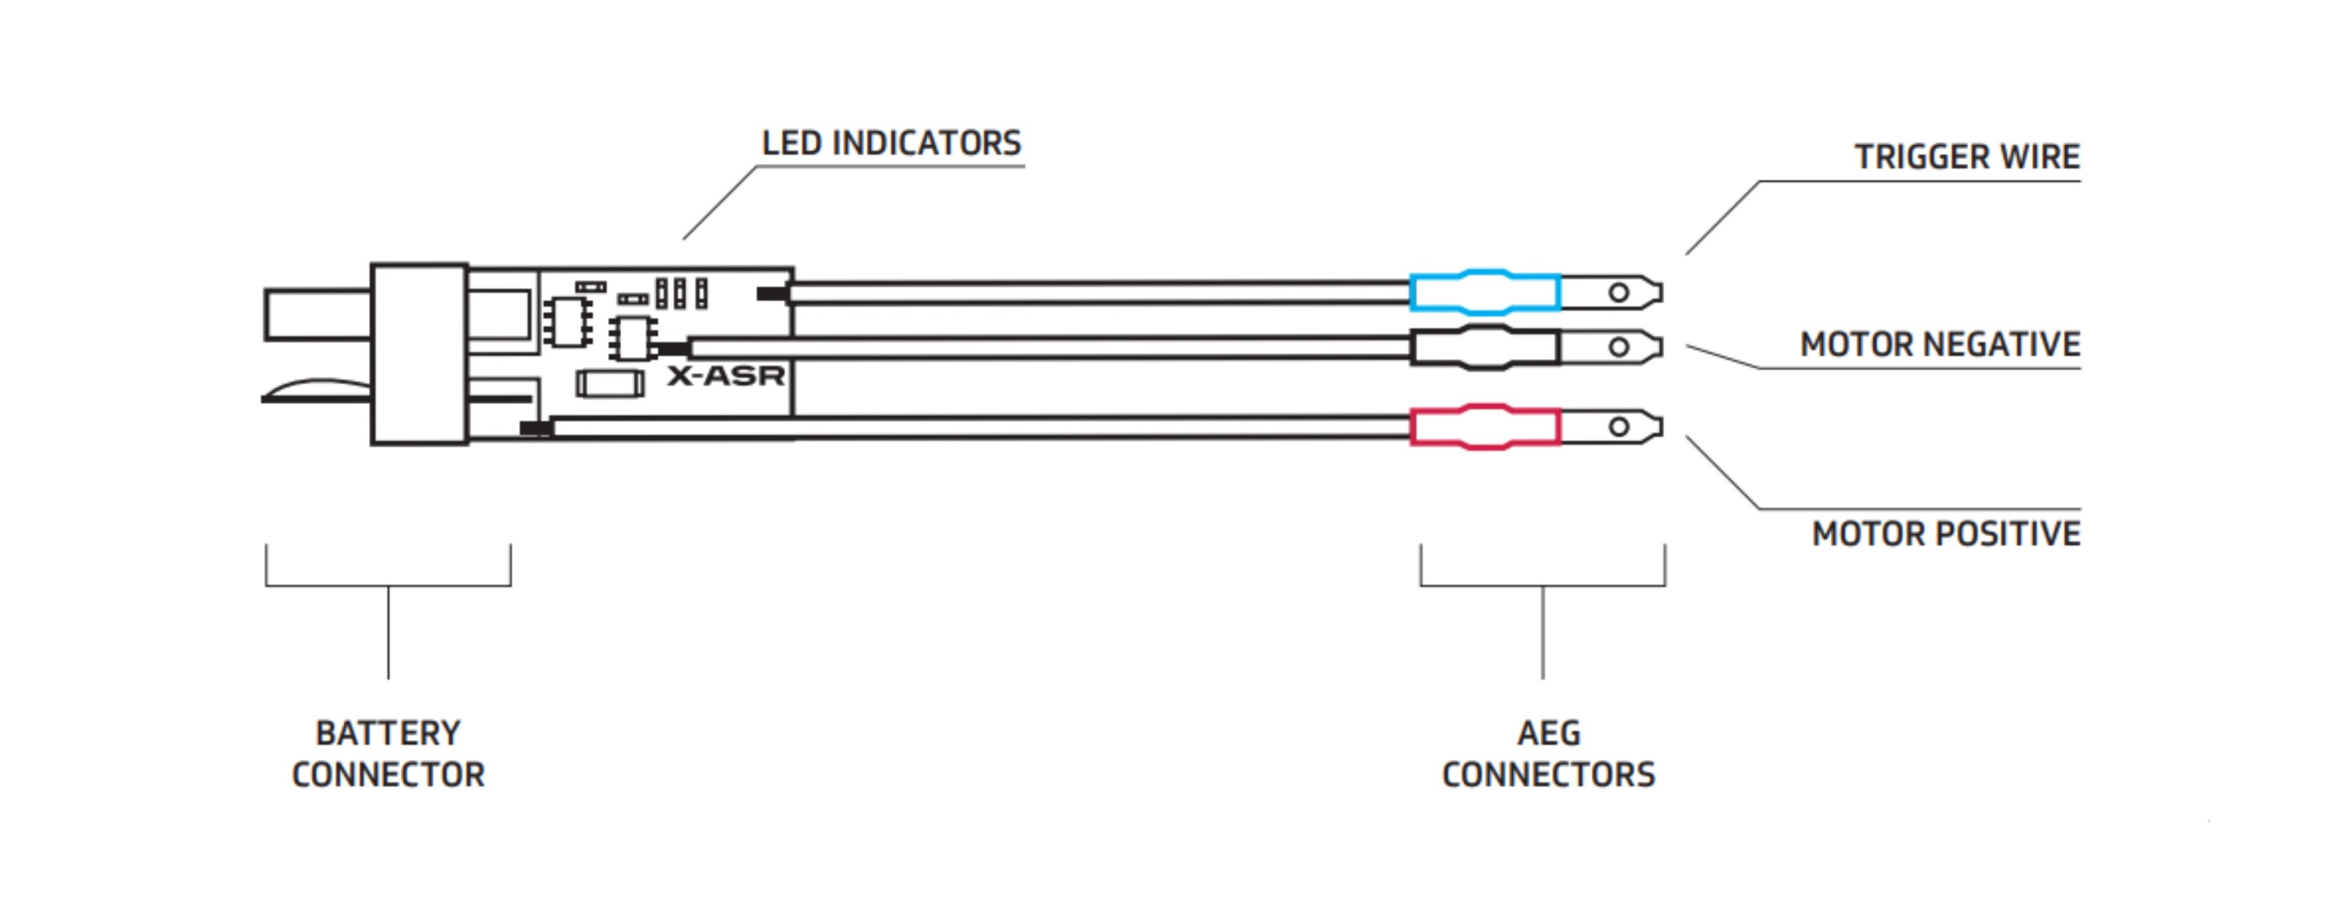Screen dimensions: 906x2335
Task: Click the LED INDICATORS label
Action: (x=891, y=144)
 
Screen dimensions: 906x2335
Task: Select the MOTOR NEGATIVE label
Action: (x=1940, y=345)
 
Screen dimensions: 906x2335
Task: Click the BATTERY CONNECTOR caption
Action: (x=388, y=754)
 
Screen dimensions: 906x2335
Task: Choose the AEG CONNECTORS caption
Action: (x=1548, y=754)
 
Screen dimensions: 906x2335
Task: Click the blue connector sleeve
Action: (x=1485, y=292)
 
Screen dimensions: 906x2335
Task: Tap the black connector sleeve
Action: (x=1485, y=347)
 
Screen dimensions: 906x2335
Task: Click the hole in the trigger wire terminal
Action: (x=1619, y=292)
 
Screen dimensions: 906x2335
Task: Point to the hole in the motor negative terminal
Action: (x=1619, y=346)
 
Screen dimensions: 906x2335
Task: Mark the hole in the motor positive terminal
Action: (x=1619, y=426)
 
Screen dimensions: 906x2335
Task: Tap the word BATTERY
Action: (x=388, y=733)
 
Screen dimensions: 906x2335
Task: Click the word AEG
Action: (x=1548, y=733)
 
